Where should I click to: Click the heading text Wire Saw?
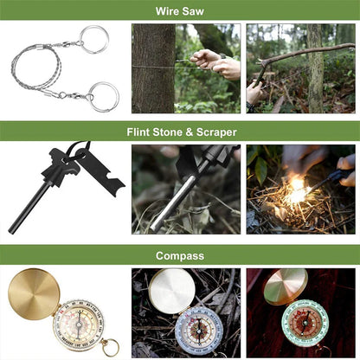180,11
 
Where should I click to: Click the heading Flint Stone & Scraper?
180,132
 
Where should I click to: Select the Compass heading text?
180,255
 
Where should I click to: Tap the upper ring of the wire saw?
94,39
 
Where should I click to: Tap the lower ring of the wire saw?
104,96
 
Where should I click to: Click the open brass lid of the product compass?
34,293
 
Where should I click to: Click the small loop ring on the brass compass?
109,348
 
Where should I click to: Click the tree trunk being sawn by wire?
153,67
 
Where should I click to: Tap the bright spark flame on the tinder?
296,190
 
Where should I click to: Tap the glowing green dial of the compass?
305,322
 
